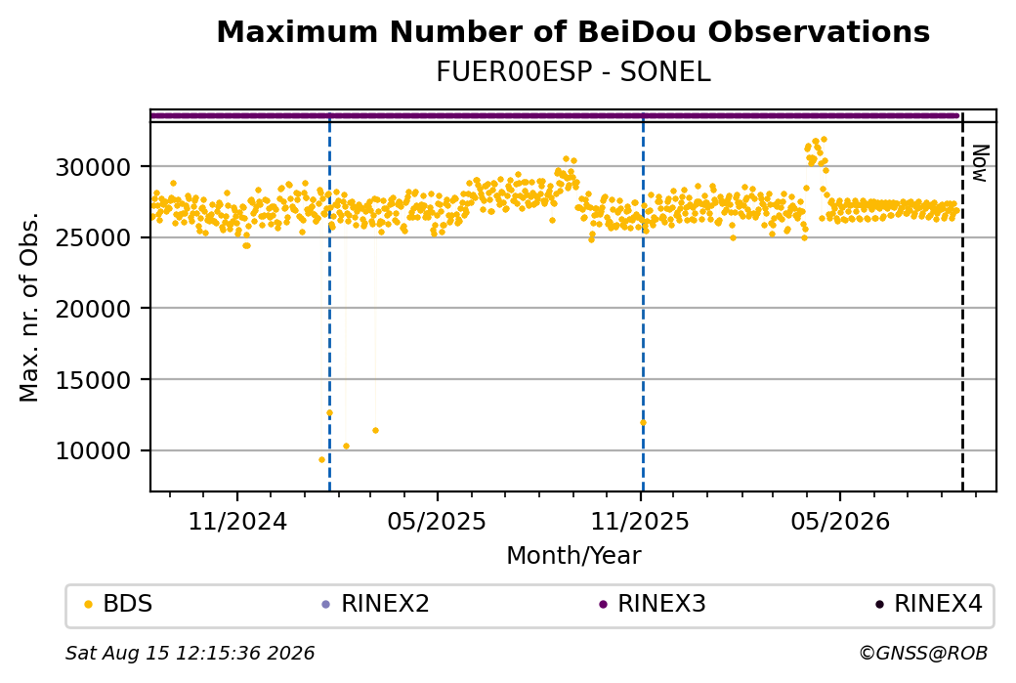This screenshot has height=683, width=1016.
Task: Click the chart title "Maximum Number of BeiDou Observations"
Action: [x=572, y=31]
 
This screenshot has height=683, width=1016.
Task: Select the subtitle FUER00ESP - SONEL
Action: [x=572, y=72]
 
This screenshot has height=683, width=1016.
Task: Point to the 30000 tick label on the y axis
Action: [x=94, y=168]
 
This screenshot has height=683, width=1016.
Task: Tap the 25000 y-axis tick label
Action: [x=94, y=238]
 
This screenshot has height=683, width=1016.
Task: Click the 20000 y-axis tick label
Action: [x=94, y=309]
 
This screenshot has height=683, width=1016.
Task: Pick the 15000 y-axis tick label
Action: [x=94, y=380]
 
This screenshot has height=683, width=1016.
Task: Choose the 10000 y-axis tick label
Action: [x=94, y=451]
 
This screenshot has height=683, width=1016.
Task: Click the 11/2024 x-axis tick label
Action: [x=237, y=521]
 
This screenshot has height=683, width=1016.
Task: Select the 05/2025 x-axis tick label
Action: [x=437, y=521]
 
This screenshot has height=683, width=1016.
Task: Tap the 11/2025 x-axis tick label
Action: [x=640, y=521]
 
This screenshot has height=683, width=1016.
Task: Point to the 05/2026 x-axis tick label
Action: [x=840, y=521]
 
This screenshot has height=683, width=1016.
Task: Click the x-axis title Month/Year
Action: [x=573, y=556]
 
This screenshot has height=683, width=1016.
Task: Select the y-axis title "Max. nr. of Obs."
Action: [x=29, y=307]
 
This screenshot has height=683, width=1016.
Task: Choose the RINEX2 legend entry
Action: [x=376, y=604]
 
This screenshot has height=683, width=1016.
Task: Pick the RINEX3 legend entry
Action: [x=652, y=604]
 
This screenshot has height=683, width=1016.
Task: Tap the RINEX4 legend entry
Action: [x=928, y=604]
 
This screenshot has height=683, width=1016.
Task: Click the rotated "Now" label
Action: [x=981, y=163]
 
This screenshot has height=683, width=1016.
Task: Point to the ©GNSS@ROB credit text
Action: [x=923, y=653]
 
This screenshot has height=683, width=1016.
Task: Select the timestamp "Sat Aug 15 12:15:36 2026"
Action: [x=190, y=653]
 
